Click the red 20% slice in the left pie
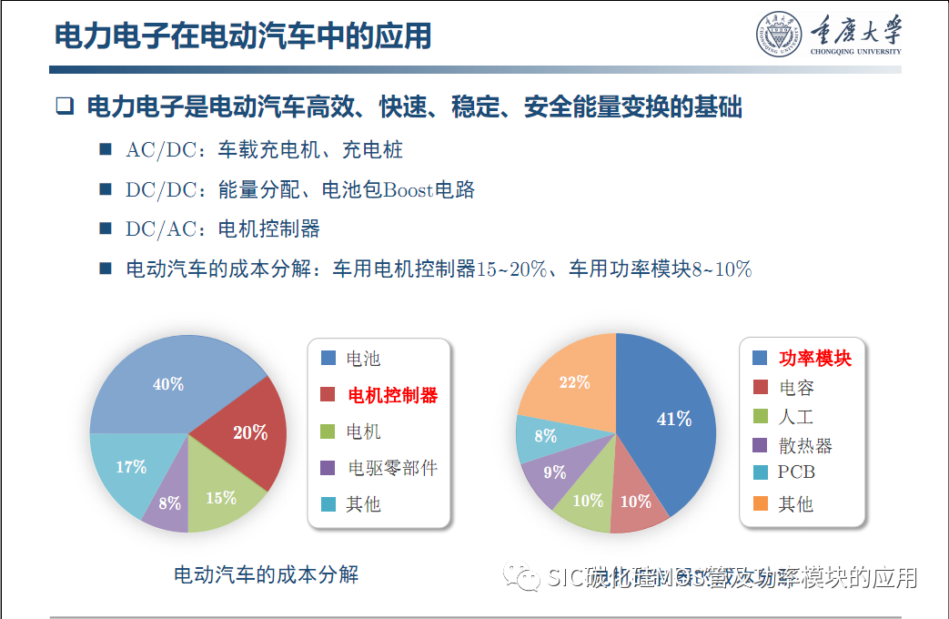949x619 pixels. pos(247,431)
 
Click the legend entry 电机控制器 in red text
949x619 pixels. pos(392,395)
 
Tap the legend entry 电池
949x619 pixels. pos(363,359)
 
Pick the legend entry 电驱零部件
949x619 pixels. pos(392,468)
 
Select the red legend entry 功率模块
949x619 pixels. pos(814,359)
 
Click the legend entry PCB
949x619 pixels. pos(796,472)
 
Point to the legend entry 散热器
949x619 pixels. pos(805,445)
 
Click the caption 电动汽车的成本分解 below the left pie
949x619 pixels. pos(267,575)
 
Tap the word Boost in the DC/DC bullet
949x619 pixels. pos(409,190)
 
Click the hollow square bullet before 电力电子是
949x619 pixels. pos(64,107)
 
